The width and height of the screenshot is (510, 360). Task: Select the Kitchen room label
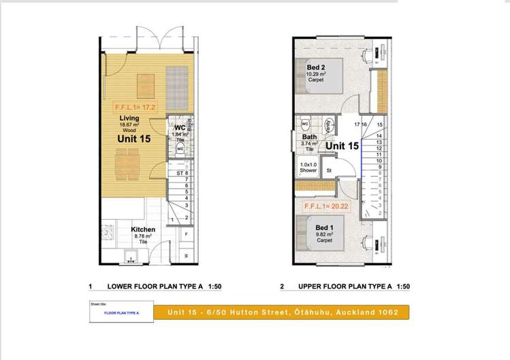click(x=144, y=230)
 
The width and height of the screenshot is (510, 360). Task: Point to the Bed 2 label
click(x=315, y=67)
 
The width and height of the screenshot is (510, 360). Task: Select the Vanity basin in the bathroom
click(x=329, y=125)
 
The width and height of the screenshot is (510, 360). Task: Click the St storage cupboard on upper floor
click(x=328, y=171)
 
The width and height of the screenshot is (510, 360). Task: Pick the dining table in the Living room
click(x=127, y=161)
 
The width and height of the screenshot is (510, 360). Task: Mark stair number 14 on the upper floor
click(x=379, y=135)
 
